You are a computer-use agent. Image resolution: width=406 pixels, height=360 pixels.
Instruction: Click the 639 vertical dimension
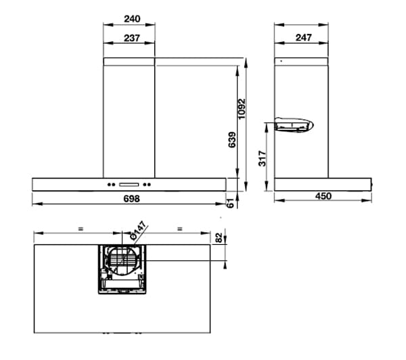tap(232, 140)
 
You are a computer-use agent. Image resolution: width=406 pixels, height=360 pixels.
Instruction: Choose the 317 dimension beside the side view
tap(263, 158)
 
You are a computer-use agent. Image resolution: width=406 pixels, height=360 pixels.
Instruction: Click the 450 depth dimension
tap(323, 196)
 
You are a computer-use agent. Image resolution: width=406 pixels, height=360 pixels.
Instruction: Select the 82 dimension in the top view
tap(218, 238)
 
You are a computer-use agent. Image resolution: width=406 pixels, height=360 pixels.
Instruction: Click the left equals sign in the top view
tap(80, 229)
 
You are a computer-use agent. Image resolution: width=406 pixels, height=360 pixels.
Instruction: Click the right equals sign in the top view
tap(179, 229)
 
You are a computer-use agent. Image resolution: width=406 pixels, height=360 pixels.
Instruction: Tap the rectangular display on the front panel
tap(129, 185)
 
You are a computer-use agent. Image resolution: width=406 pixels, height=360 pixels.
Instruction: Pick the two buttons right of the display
tap(150, 185)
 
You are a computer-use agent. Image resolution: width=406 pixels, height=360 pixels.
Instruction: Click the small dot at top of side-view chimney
tap(281, 61)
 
